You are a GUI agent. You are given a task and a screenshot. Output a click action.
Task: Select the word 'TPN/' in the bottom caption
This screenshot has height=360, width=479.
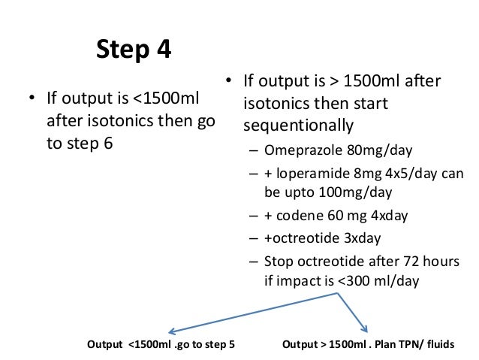pyautogui.click(x=419, y=346)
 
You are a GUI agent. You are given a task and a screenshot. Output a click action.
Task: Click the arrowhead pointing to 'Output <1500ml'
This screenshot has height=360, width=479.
pyautogui.click(x=171, y=331)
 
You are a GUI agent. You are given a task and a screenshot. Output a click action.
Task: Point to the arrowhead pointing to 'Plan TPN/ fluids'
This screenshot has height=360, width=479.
pyautogui.click(x=364, y=328)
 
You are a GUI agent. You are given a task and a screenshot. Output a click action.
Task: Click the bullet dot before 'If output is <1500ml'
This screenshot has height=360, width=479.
pyautogui.click(x=32, y=98)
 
